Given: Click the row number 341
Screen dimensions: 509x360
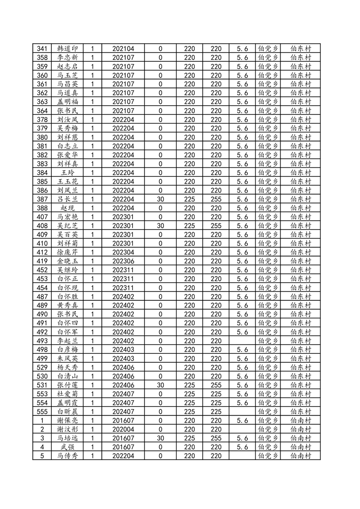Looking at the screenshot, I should point(42,49).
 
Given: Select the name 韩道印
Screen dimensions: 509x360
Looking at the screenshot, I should point(68,49).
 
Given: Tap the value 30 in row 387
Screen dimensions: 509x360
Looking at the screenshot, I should point(160,199).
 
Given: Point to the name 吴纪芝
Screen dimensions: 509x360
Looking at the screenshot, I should point(68,226).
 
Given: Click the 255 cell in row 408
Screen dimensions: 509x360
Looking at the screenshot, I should point(216,226).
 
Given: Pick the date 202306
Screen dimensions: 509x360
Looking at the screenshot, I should point(123,261).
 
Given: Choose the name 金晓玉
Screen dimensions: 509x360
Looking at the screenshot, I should point(68,261).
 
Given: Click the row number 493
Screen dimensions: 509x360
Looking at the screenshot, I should point(42,341).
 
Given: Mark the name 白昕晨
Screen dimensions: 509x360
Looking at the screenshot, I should point(68,412).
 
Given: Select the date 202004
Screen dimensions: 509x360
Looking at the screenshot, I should point(123,430).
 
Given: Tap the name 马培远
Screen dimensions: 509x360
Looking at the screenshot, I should point(68,439).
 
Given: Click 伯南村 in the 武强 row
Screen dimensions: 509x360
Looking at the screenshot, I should point(301,447).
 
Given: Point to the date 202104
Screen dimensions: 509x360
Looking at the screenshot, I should point(123,49).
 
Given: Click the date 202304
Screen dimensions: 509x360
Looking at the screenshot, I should point(123,253).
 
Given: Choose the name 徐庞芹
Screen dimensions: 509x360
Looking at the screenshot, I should point(68,253).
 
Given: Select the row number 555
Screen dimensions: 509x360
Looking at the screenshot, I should point(42,412).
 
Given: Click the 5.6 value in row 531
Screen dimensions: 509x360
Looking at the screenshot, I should point(242,385).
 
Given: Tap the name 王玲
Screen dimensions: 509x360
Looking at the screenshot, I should point(68,173).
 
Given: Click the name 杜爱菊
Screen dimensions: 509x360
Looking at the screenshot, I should point(68,394).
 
